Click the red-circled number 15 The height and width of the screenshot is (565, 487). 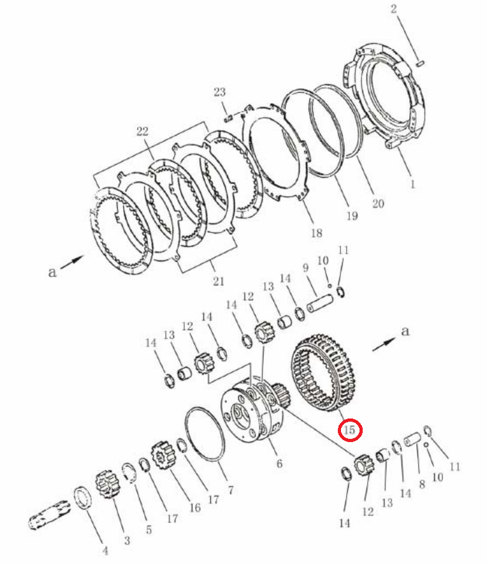(349, 429)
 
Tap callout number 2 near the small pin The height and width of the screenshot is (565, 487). (394, 9)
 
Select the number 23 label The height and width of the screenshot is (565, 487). (219, 92)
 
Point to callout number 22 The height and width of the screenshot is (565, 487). (142, 131)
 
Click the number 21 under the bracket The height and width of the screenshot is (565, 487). (219, 281)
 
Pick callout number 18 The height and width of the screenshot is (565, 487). (317, 232)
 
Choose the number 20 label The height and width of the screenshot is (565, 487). (378, 204)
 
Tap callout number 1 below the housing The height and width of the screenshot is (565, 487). (413, 185)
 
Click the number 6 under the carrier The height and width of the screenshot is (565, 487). (279, 463)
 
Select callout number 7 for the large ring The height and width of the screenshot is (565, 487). (231, 490)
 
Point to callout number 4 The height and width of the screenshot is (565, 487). (105, 551)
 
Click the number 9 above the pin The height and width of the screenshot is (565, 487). (306, 268)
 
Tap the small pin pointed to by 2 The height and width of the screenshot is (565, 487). (419, 64)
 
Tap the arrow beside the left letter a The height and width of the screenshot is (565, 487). (73, 262)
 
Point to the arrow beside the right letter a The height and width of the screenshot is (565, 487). (384, 344)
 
